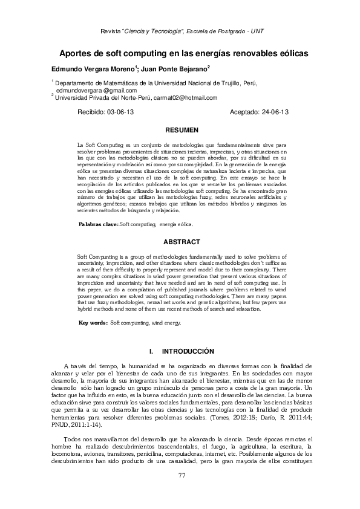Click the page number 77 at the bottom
[181, 475]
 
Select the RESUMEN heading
[182, 130]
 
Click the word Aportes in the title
[77, 53]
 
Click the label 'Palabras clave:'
[99, 224]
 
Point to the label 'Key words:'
[93, 323]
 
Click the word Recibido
[91, 112]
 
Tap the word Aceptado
[245, 112]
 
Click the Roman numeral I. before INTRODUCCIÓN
[151, 351]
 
